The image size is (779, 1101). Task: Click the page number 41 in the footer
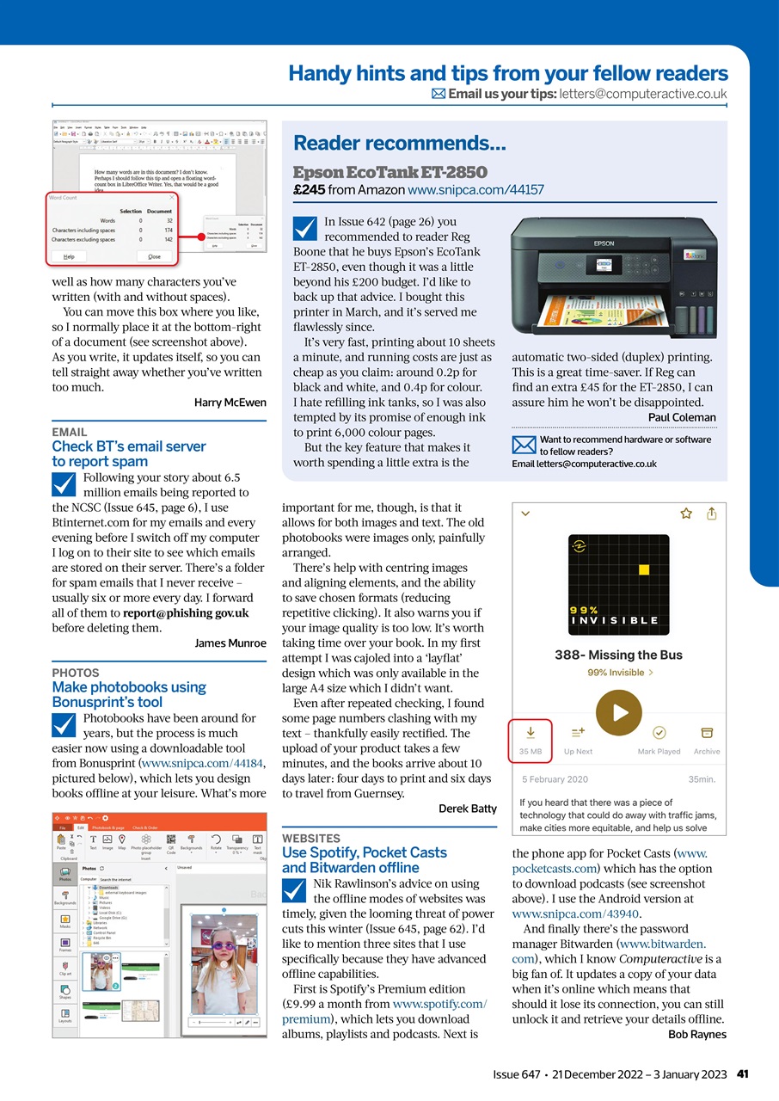point(744,1074)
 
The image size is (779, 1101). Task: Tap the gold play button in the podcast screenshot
point(619,712)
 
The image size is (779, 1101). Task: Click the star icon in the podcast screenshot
point(686,514)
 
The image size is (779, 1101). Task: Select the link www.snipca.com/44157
point(475,189)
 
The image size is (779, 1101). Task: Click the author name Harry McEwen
point(230,403)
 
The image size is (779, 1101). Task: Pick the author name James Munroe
point(230,643)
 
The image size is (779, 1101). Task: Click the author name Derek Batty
point(468,809)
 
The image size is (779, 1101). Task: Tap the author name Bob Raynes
point(697,1034)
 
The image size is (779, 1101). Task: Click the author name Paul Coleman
point(682,417)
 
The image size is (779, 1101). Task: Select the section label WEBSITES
point(310,838)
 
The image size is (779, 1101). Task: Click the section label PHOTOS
point(76,673)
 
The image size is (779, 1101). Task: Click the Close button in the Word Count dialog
point(154,256)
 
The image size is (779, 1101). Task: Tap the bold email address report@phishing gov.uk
point(186,613)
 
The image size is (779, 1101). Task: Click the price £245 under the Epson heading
point(308,189)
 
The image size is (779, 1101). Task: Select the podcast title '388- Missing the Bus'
point(618,655)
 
